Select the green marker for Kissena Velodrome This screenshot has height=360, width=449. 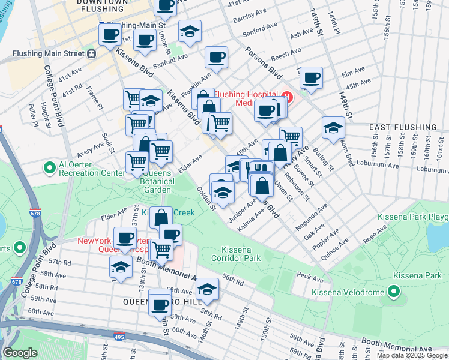pyautogui.click(x=394, y=292)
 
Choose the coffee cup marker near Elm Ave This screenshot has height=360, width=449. pyautogui.click(x=311, y=77)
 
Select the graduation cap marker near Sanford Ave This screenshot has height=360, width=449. pyautogui.click(x=190, y=31)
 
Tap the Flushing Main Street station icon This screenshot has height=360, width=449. pyautogui.click(x=92, y=53)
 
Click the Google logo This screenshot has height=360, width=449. pyautogui.click(x=19, y=353)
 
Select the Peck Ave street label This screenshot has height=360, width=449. pyautogui.click(x=310, y=277)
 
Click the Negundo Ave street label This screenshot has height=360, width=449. pyautogui.click(x=315, y=218)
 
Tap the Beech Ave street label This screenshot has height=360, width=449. pyautogui.click(x=280, y=56)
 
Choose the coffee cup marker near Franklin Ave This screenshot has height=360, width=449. pyautogui.click(x=216, y=58)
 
